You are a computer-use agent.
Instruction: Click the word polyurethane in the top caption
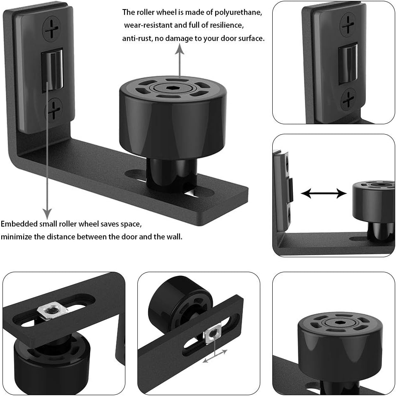pos(238,12)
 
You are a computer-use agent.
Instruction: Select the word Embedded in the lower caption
pos(19,224)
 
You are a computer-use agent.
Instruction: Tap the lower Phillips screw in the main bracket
pos(53,110)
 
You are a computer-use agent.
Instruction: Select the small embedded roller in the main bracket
pos(52,70)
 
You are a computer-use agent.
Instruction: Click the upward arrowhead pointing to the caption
pos(180,48)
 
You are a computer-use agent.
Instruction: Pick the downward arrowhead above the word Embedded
pos(47,214)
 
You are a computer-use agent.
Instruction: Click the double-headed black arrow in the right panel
pos(324,194)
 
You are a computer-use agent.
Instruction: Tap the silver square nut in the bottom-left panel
pos(52,312)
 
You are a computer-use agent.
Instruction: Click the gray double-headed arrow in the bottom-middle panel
pos(215,356)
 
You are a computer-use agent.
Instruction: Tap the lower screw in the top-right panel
pos(348,99)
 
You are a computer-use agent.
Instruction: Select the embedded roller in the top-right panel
pos(348,64)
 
